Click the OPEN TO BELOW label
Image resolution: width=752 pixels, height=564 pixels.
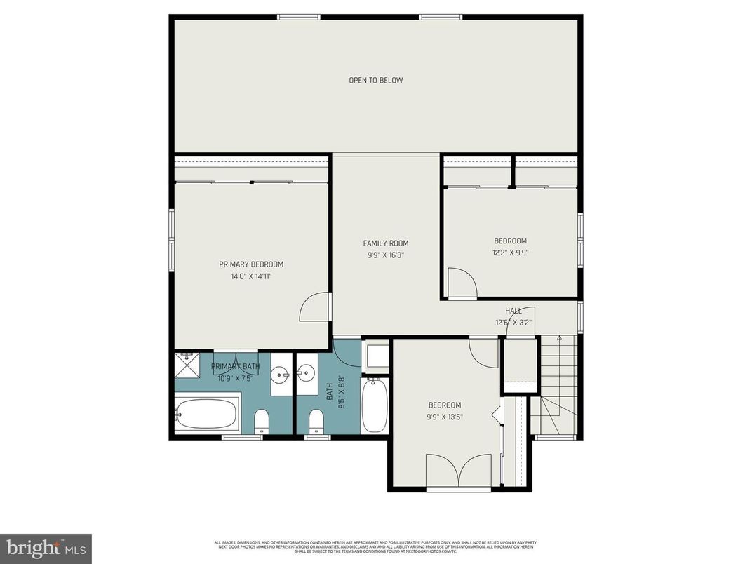376,81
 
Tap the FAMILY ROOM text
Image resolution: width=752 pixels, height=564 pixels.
385,243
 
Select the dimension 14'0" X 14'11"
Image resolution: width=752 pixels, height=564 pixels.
251,276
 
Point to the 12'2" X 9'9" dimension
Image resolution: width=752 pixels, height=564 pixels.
509,253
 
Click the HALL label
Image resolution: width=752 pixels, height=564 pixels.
513,311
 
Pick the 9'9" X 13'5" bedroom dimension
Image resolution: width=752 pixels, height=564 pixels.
445,417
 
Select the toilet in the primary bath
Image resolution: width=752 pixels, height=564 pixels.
261,421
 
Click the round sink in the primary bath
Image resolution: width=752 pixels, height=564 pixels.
282,375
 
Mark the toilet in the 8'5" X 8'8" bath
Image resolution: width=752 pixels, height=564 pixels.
316,421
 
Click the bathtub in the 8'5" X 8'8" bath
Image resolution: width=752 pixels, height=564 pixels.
374,405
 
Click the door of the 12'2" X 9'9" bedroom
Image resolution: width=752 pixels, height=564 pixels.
462,283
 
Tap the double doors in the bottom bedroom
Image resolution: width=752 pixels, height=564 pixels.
459,470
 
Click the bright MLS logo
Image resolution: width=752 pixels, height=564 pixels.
46,548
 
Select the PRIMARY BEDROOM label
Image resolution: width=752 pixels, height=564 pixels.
251,264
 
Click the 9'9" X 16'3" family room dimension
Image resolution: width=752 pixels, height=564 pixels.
385,255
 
